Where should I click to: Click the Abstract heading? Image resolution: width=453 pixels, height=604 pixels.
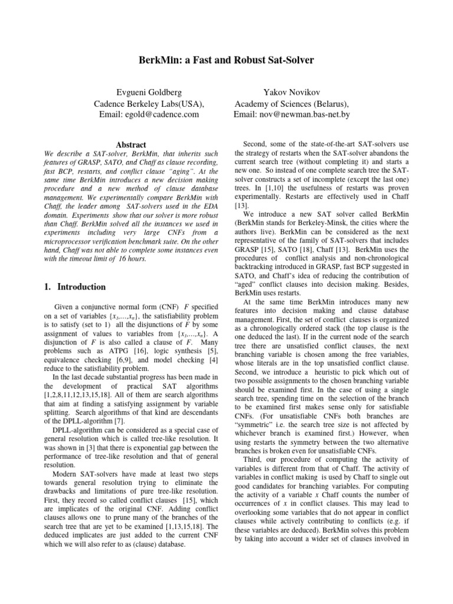click(x=131, y=145)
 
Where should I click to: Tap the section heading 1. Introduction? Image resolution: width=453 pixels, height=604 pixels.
click(x=75, y=287)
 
